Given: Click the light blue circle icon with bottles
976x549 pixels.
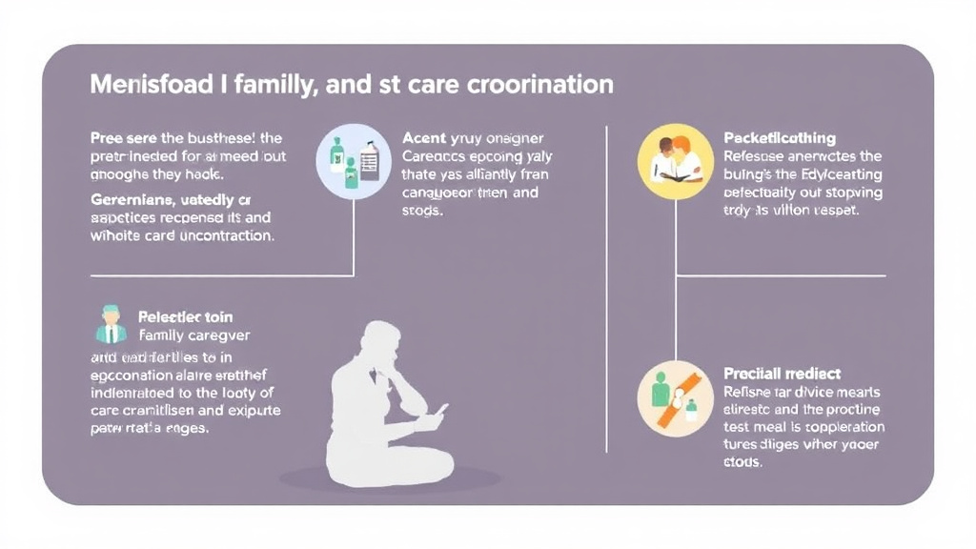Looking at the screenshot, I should [354, 159].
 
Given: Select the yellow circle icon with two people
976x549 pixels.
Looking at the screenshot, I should [676, 160].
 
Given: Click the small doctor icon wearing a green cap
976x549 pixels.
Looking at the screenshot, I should [112, 325].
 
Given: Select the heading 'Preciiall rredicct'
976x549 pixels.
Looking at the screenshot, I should [783, 374].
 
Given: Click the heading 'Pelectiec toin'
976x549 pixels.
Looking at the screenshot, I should [185, 316].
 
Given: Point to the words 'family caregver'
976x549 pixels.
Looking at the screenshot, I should [193, 335].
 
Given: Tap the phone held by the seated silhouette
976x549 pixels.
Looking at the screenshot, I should [440, 411].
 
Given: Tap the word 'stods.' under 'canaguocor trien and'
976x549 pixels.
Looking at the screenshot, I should [422, 211].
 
